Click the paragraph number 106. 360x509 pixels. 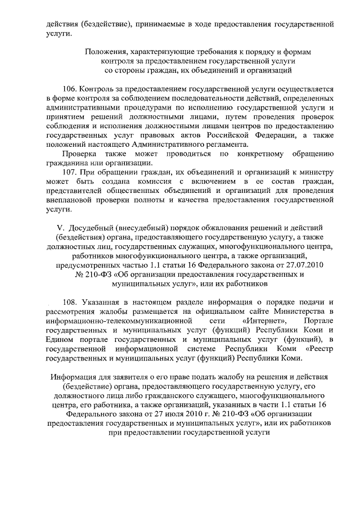[71, 89]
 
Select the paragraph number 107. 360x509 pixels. [71, 172]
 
